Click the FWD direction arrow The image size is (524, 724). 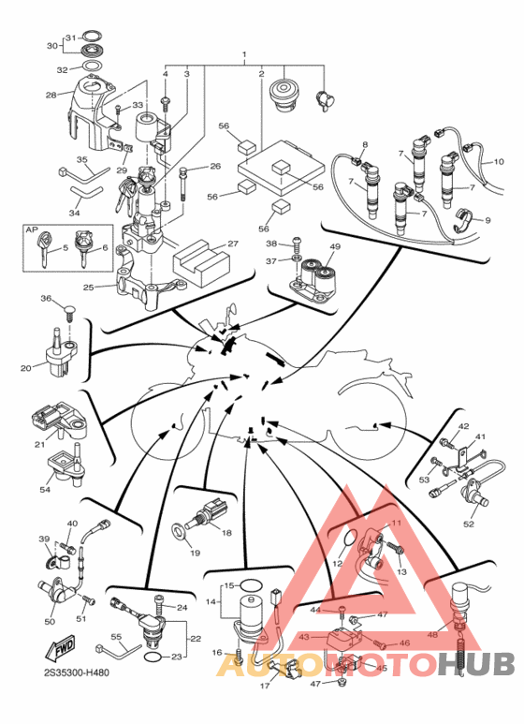coord(59,650)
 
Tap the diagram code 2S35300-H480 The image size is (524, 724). coord(77,672)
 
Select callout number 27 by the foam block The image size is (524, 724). coord(232,244)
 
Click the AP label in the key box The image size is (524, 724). coord(32,229)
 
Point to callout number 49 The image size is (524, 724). coord(335,246)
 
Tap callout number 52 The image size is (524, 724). coord(469,525)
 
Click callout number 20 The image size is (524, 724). coord(26,368)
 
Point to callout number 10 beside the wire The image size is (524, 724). coord(499,162)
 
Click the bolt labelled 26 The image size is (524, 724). coord(183,184)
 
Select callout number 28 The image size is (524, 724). coord(51,95)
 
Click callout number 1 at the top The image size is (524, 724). coord(244,54)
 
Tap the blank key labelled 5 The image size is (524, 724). coord(44,248)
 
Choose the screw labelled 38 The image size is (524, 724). coord(298,242)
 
